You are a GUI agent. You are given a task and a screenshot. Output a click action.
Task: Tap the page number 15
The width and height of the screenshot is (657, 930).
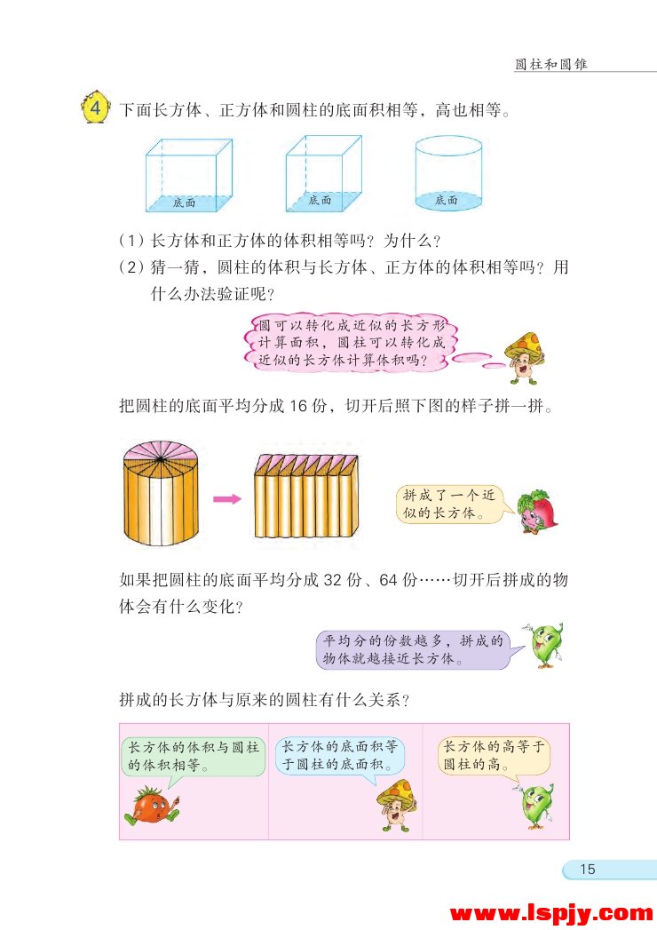[x=587, y=870]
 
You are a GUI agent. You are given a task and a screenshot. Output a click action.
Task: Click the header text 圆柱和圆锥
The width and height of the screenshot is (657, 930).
[x=551, y=65]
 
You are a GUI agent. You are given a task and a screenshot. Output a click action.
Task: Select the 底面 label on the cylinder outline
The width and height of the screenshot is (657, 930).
[x=447, y=201]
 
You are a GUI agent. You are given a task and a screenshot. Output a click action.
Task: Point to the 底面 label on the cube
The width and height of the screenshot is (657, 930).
[x=321, y=201]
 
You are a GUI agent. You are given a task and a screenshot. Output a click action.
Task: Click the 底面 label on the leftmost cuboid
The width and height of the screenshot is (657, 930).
[x=185, y=203]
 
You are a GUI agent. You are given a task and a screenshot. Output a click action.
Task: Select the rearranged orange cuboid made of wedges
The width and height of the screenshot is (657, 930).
[x=307, y=495]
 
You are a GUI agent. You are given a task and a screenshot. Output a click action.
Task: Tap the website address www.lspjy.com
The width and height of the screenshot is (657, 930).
[x=551, y=912]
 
